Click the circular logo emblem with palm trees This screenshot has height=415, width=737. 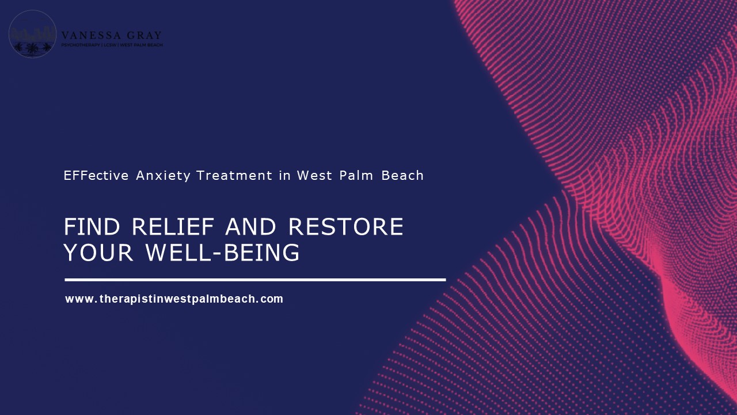(x=33, y=34)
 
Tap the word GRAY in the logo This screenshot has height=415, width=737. (x=141, y=36)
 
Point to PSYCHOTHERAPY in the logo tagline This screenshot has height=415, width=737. (x=80, y=45)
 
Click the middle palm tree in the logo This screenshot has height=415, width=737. (x=32, y=48)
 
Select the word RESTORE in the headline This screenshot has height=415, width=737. (x=345, y=227)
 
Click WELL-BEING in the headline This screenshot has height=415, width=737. (x=222, y=253)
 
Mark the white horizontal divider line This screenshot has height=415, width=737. (x=255, y=280)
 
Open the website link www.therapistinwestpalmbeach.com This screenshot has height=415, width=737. (x=174, y=299)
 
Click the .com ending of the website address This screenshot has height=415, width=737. (x=272, y=299)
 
